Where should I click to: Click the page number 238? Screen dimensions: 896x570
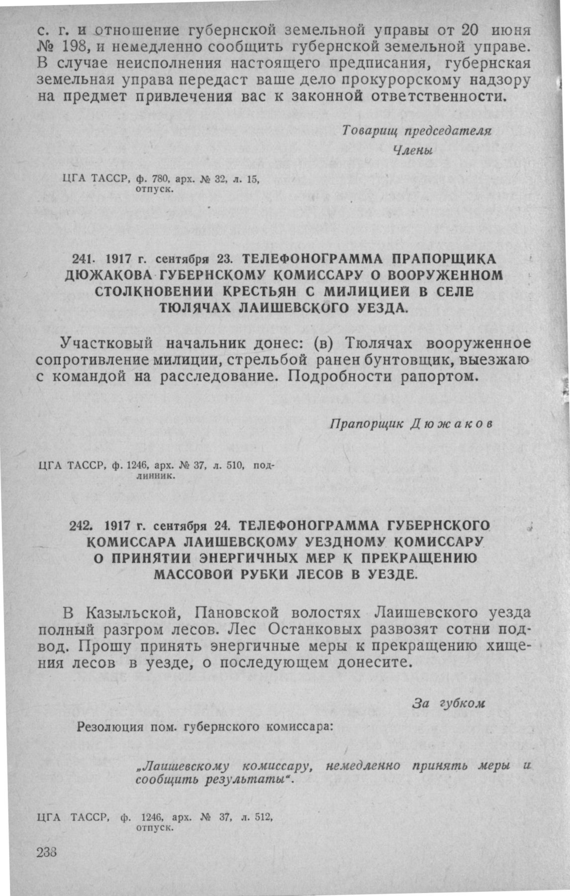coord(48,851)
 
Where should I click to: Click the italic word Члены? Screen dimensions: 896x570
coord(413,151)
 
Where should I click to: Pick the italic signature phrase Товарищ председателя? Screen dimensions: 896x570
coord(417,131)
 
